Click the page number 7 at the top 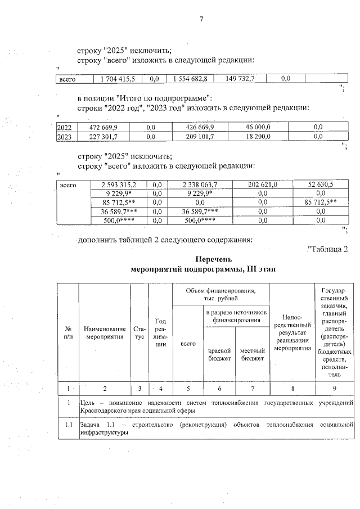200,21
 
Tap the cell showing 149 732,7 237,79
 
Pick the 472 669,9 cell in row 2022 104,128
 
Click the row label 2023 65,136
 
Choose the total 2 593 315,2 119,184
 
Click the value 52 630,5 321,184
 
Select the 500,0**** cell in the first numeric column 119,220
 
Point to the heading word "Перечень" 203,260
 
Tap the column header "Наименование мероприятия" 105,332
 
